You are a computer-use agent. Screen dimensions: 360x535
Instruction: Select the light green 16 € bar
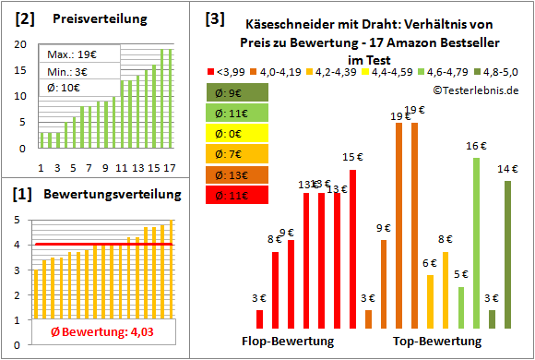click(476, 242)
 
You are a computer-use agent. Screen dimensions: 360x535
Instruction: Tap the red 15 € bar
click(351, 248)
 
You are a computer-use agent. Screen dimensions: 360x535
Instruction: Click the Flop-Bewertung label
click(288, 341)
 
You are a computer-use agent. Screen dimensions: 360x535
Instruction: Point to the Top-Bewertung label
click(437, 341)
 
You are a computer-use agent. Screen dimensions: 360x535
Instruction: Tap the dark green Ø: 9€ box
click(238, 91)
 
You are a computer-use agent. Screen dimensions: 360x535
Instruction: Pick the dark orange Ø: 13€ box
click(238, 174)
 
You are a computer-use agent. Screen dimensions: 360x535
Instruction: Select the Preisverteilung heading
click(90, 19)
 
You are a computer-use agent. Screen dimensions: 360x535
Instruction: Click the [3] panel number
click(214, 18)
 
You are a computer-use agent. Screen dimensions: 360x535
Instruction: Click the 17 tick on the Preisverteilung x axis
click(169, 167)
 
